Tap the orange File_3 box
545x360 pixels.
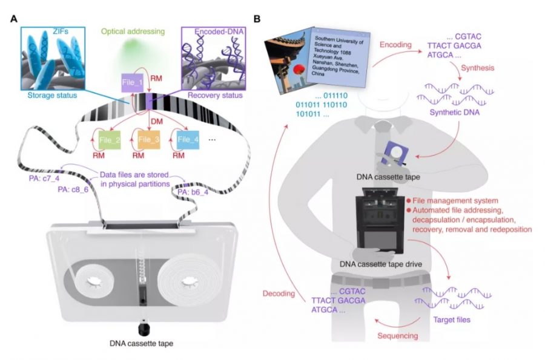148,140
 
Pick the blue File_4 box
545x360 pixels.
188,140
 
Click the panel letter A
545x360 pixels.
14,19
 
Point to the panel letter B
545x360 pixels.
257,19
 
